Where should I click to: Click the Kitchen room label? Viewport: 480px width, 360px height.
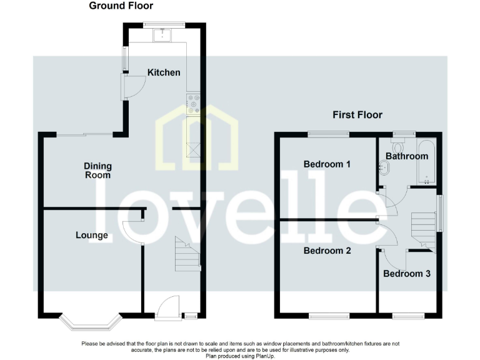[164, 72]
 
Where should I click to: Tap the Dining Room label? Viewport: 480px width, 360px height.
[98, 170]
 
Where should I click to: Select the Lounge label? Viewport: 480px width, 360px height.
[92, 236]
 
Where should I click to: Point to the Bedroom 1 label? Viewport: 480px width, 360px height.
[327, 164]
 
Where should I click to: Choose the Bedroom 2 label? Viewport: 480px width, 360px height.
[327, 251]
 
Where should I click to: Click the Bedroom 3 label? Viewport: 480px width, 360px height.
[407, 274]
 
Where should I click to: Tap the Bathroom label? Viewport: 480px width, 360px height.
[406, 156]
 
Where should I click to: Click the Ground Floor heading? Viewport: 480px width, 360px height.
[121, 6]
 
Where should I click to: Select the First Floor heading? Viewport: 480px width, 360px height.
[357, 115]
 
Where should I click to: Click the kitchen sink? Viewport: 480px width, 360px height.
[165, 34]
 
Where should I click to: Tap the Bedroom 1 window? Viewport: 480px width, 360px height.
[328, 132]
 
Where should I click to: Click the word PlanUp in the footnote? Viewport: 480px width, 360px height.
[271, 356]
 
